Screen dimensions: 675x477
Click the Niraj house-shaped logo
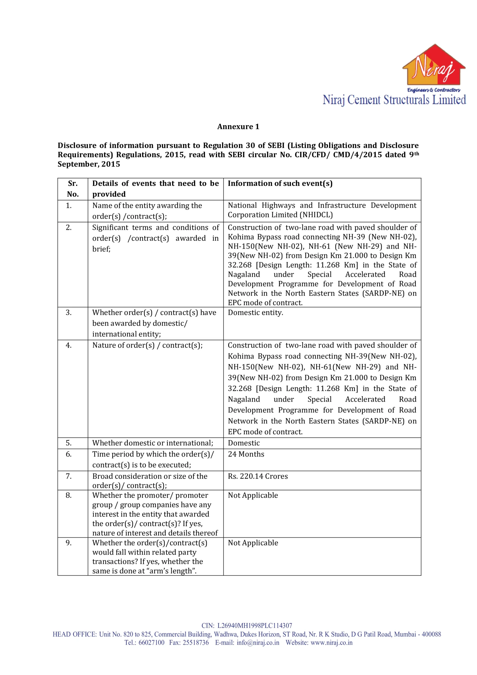click(x=433, y=65)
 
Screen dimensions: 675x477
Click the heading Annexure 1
click(x=238, y=127)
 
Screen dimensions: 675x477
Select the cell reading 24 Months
click(x=246, y=454)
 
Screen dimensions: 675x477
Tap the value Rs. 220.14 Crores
click(x=258, y=476)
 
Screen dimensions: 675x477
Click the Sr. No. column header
click(x=73, y=189)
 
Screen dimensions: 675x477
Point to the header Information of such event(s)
click(x=280, y=183)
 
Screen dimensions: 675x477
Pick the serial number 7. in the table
click(x=69, y=476)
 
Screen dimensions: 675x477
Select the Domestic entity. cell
click(x=256, y=312)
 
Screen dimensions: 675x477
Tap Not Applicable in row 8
click(x=253, y=495)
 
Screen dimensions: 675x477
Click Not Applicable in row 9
click(x=253, y=543)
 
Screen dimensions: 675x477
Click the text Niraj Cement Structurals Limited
click(x=394, y=100)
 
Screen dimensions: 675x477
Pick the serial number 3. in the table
click(x=69, y=312)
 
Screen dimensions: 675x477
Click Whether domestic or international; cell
click(x=153, y=443)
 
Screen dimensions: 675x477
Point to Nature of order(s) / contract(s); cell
click(x=147, y=345)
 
